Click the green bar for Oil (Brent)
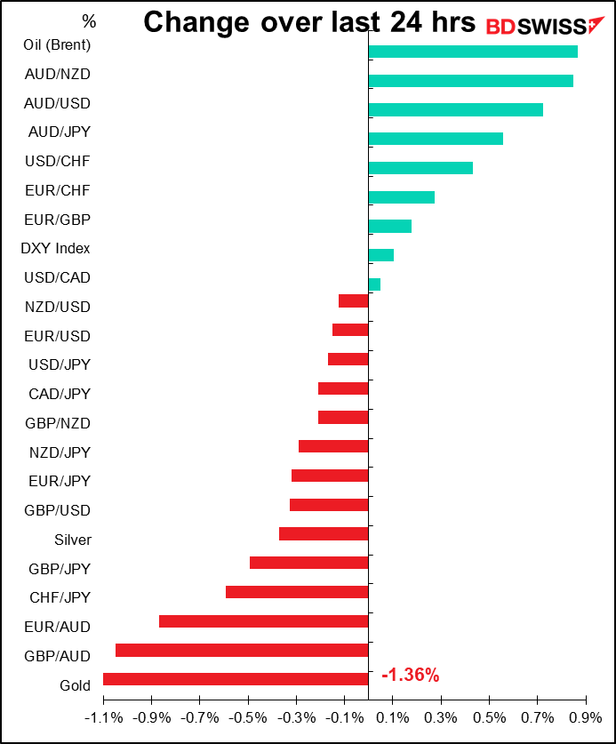pyautogui.click(x=472, y=52)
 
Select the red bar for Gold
pyautogui.click(x=236, y=679)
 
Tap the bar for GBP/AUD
pyautogui.click(x=242, y=650)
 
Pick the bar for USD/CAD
pyautogui.click(x=374, y=284)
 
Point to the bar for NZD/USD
pyautogui.click(x=354, y=301)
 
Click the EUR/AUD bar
pyautogui.click(x=263, y=620)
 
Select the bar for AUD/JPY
pyautogui.click(x=436, y=139)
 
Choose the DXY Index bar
pyautogui.click(x=380, y=255)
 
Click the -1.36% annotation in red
pyautogui.click(x=411, y=676)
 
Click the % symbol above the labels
pyautogui.click(x=89, y=20)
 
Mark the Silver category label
pyautogui.click(x=73, y=540)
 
